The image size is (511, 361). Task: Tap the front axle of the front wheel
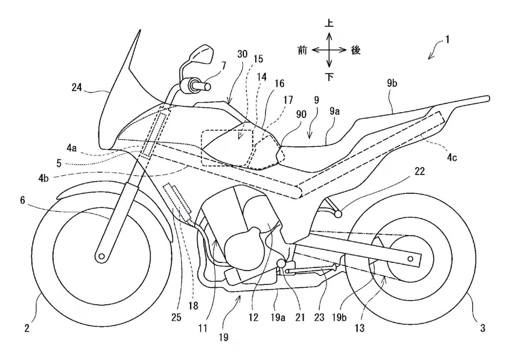[101, 256]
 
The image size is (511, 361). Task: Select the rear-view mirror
[201, 55]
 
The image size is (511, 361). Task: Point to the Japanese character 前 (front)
[302, 50]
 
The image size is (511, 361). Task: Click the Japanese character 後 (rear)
[355, 50]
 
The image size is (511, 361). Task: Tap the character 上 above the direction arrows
[329, 24]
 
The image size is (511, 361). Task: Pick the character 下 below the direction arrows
[329, 76]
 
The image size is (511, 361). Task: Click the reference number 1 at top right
[448, 41]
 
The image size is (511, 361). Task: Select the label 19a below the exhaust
[279, 318]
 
